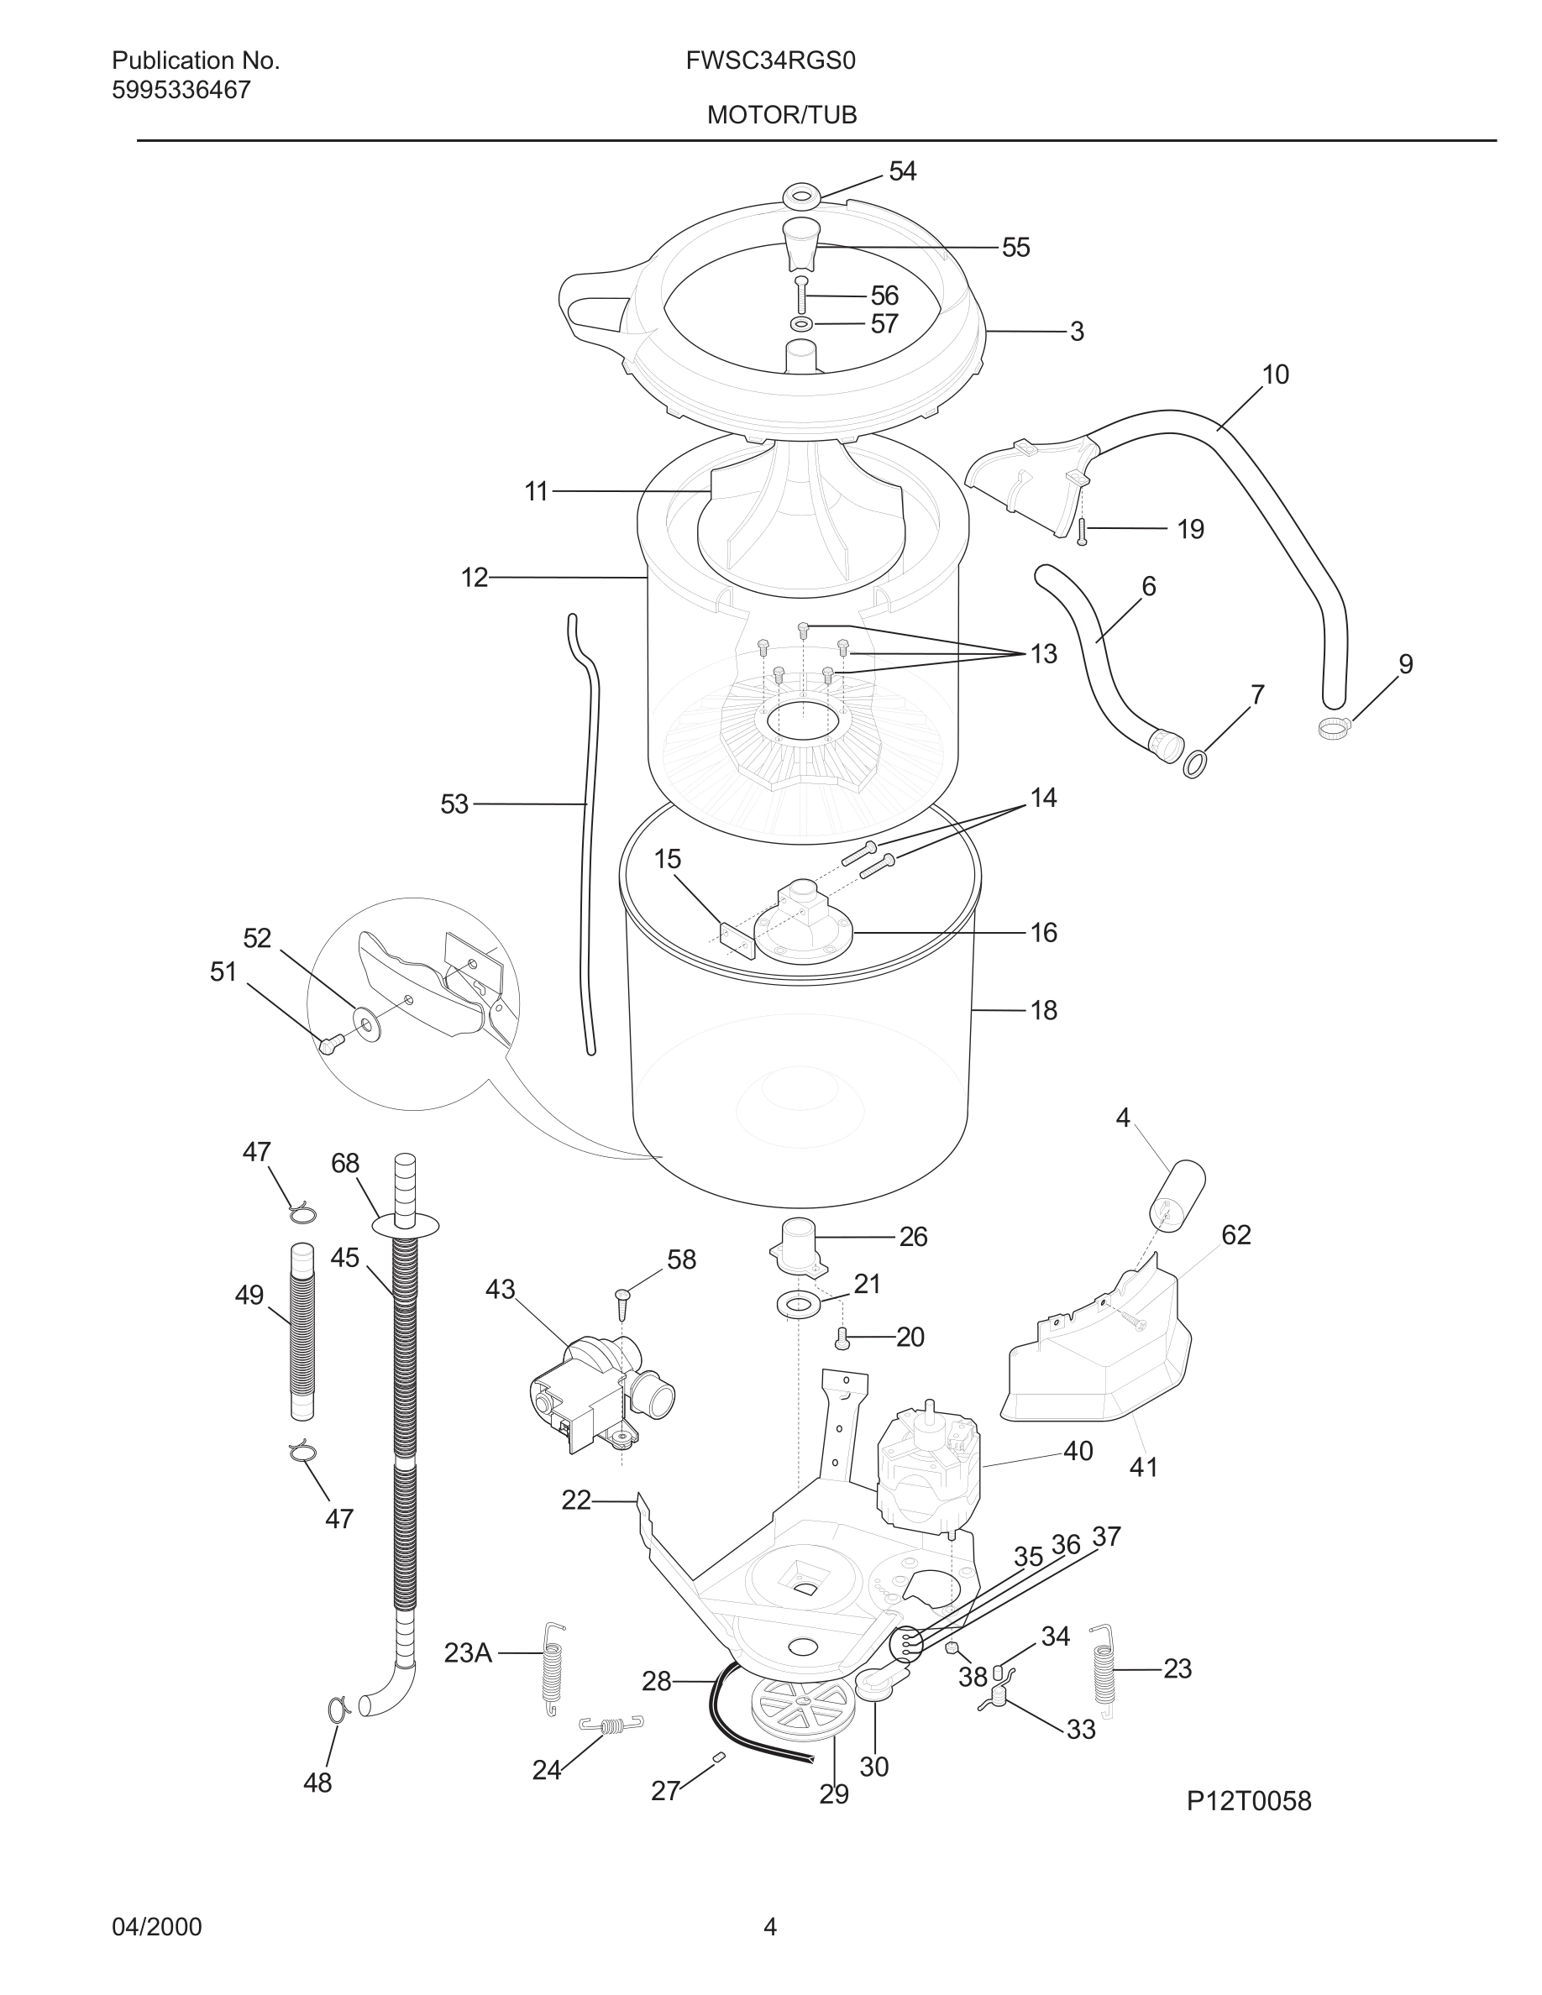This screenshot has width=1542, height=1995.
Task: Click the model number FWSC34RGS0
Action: click(x=770, y=61)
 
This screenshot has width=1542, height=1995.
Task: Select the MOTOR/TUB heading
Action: click(x=781, y=115)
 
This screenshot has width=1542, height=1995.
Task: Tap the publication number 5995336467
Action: click(x=181, y=91)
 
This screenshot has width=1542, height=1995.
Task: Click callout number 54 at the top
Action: click(x=902, y=172)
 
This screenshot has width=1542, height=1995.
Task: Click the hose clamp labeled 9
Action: click(x=1335, y=728)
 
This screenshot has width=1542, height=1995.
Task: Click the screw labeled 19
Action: click(x=1083, y=531)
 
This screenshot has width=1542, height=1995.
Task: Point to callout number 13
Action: click(x=1043, y=654)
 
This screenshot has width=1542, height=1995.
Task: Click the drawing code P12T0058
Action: click(x=1248, y=1801)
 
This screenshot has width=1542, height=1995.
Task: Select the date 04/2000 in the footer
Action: click(x=156, y=1927)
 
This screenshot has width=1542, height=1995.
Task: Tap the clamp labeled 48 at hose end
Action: click(x=337, y=1706)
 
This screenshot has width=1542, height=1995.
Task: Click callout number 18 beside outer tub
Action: click(x=1043, y=1010)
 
